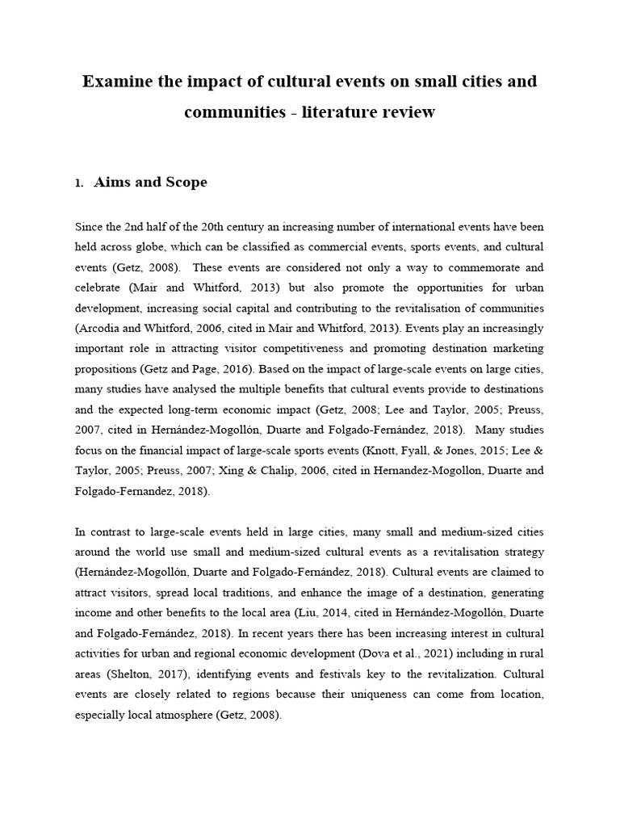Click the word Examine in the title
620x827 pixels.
(118, 82)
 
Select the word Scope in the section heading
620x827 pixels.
(183, 183)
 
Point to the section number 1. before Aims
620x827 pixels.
(79, 184)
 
